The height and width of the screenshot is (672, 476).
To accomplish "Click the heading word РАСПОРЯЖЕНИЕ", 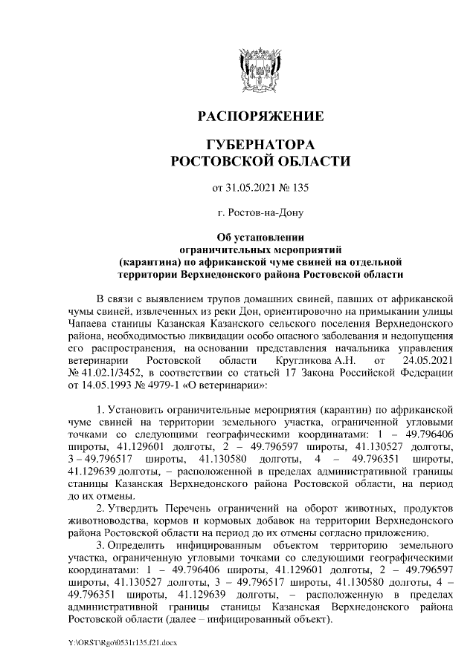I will coord(260,117).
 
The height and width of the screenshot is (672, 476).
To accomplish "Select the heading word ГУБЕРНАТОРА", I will coord(260,143).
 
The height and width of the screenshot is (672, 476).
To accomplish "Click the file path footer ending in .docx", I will coord(125,642).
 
